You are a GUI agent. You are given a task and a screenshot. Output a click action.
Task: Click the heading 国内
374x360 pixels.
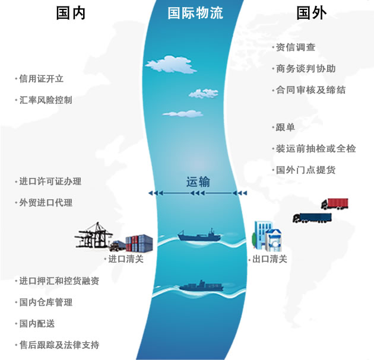71,13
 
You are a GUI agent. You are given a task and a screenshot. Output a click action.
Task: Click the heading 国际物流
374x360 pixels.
195,13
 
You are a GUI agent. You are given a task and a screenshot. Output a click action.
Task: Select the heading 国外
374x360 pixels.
312,13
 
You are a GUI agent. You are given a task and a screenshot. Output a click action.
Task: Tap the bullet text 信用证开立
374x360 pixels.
42,79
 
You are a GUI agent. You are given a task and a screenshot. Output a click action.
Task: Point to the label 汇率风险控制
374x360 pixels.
46,100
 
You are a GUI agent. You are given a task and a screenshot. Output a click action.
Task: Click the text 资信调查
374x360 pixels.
296,47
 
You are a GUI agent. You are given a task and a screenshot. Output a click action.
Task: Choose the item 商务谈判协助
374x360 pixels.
306,69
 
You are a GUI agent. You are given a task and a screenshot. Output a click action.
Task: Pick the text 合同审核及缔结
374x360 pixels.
310,90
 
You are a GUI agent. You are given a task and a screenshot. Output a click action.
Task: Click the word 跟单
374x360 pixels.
286,128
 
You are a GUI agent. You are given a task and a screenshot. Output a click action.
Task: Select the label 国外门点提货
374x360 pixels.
306,170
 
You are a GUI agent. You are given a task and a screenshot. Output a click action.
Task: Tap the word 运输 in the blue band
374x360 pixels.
198,182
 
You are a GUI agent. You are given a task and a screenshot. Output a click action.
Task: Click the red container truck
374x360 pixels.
335,204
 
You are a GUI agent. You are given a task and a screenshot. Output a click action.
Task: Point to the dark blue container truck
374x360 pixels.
312,218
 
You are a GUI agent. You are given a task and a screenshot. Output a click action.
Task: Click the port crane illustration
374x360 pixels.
94,235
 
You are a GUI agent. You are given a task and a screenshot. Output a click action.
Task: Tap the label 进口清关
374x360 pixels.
126,259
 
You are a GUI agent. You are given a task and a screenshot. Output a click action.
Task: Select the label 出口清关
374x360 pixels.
270,259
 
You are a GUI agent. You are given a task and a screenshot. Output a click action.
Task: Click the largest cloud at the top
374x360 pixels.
171,64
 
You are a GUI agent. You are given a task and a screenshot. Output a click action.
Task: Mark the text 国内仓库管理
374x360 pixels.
46,302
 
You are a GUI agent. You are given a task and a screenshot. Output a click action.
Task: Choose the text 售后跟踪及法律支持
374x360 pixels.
59,345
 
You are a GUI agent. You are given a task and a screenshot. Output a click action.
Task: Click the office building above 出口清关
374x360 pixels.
267,236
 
